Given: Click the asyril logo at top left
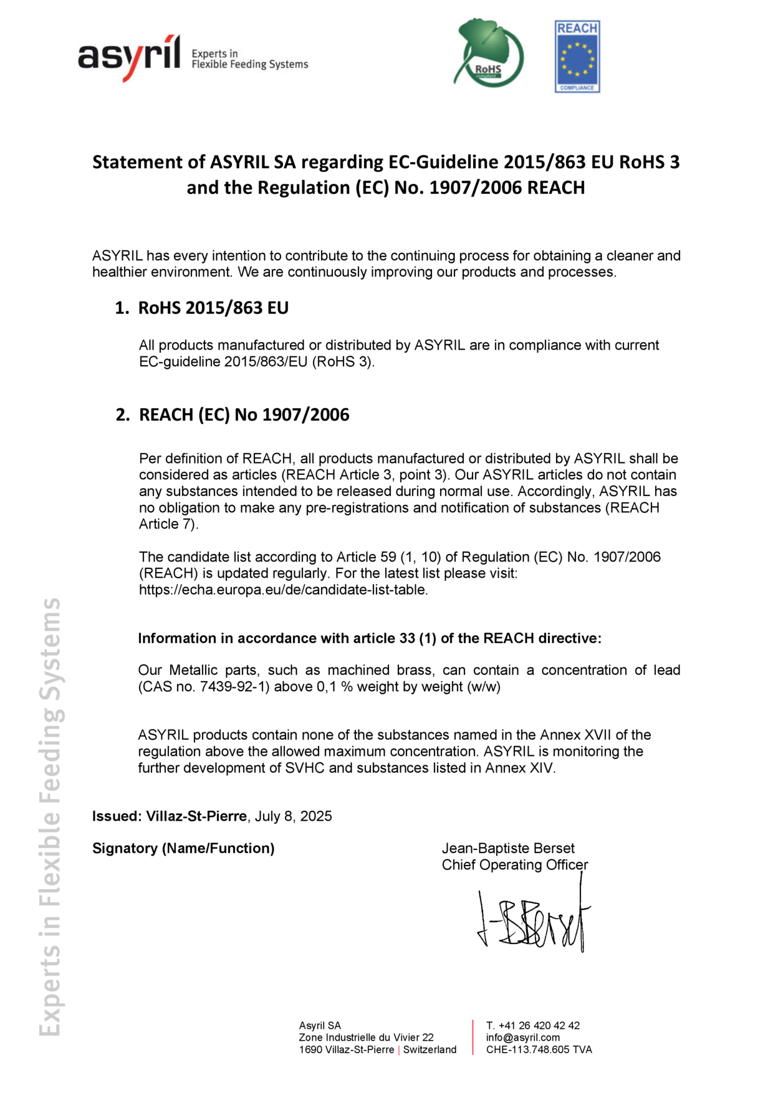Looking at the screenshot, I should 129,57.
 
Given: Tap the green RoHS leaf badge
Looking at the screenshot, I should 489,55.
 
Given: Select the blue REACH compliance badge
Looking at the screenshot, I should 577,57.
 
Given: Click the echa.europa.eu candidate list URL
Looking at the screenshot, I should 283,590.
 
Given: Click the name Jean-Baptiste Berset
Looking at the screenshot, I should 508,848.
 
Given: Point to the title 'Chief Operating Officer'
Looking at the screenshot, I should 514,865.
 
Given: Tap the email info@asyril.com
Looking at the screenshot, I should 523,1038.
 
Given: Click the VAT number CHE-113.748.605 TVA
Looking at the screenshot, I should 539,1050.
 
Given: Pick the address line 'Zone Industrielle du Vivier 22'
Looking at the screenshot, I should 366,1038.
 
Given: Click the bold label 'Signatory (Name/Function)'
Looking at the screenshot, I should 183,848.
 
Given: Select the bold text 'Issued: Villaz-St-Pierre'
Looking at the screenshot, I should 170,816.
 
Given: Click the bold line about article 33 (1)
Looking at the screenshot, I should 369,638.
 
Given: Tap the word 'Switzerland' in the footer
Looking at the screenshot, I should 430,1050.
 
